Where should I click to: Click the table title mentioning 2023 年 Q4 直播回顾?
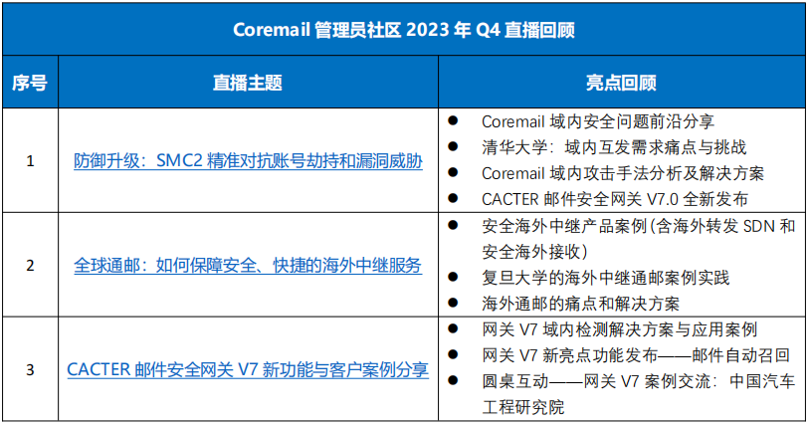tap(403, 29)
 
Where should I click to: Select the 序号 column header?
tap(30, 83)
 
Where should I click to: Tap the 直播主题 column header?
tap(247, 83)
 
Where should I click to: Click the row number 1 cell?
tap(30, 160)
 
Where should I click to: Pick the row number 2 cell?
tap(30, 265)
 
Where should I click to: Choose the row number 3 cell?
tap(30, 369)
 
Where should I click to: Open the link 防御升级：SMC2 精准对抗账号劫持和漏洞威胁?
tap(248, 161)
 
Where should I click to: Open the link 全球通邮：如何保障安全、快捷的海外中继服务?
tap(248, 266)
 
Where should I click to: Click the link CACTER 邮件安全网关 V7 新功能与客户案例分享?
tap(248, 370)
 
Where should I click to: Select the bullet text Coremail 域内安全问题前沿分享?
tap(597, 121)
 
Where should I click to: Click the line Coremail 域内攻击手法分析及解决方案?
tap(622, 173)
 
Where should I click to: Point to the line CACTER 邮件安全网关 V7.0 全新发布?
tap(614, 199)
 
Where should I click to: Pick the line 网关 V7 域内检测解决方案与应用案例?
tap(619, 328)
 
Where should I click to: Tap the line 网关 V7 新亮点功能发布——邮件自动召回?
tap(635, 354)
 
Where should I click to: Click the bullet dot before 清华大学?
tap(453, 147)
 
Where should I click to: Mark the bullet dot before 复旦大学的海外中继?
tap(453, 277)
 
